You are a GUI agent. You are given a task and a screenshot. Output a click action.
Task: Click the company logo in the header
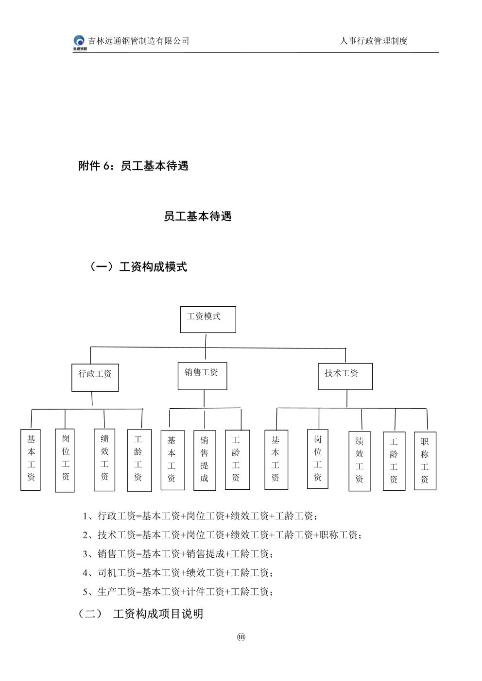[x=80, y=43]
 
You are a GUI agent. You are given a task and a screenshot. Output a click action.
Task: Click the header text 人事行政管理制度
[x=373, y=41]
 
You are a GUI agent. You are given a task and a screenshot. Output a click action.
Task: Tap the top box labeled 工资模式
[x=208, y=319]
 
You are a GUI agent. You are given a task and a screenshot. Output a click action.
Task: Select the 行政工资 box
[x=95, y=377]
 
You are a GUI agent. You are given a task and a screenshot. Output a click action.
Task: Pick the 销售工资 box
[x=202, y=376]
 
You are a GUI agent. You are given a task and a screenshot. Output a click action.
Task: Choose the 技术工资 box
[x=345, y=376]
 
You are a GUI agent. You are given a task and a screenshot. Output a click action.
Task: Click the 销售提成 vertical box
[x=205, y=460]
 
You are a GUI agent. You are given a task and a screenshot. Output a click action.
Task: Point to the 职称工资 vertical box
[x=425, y=461]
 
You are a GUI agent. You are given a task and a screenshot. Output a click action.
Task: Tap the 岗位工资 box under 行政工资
[x=65, y=460]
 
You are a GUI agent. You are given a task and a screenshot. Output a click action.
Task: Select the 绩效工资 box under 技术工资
[x=360, y=461]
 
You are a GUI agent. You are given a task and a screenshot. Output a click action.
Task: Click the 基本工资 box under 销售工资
[x=172, y=460]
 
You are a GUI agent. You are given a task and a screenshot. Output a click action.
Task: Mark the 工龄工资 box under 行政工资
[x=139, y=460]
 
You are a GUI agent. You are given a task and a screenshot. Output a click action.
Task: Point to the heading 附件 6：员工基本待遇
[x=133, y=166]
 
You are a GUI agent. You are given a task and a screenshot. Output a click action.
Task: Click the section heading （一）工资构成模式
[x=138, y=266]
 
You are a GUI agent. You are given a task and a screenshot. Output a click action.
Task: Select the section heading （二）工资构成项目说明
[x=140, y=614]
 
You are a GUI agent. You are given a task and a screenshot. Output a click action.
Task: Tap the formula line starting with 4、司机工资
[x=178, y=573]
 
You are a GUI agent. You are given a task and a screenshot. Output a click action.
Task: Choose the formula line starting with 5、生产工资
[x=178, y=592]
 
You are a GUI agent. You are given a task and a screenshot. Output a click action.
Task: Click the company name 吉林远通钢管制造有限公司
[x=138, y=41]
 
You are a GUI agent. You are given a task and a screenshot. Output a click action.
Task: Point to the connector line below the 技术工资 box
[x=347, y=399]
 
